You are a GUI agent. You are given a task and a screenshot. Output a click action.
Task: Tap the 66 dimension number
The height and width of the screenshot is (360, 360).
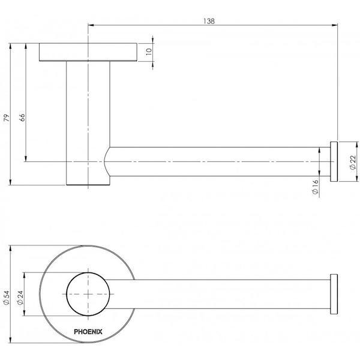[23, 118]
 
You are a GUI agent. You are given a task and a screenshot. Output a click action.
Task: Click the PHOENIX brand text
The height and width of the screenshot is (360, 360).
[88, 330]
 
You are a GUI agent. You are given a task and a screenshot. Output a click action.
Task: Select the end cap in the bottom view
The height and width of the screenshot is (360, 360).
[333, 293]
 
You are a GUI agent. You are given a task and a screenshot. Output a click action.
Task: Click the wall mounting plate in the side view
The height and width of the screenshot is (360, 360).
[88, 52]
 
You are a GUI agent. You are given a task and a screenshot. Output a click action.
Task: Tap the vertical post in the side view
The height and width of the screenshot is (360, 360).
[88, 120]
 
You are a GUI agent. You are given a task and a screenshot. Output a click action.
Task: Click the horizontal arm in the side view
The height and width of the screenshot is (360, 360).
[216, 161]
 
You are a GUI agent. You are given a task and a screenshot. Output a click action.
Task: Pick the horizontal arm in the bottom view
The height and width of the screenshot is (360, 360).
[228, 293]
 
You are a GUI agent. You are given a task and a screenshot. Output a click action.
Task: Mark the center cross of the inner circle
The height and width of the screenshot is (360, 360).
[88, 293]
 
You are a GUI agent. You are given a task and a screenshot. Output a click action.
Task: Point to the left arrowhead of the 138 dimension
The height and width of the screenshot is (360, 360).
[91, 25]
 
